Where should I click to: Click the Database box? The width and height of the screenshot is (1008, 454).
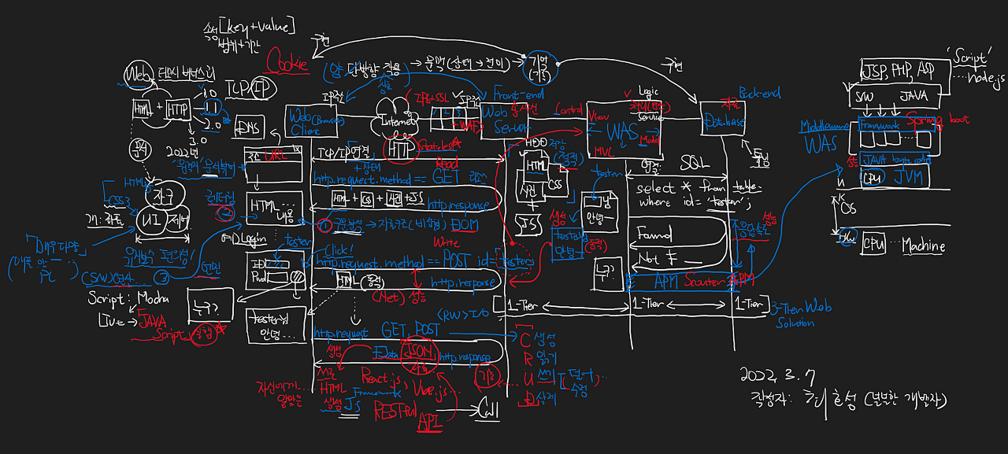pos(725,123)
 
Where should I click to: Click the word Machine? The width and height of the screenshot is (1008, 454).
pos(922,245)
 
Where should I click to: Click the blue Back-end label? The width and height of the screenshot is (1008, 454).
pos(759,94)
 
